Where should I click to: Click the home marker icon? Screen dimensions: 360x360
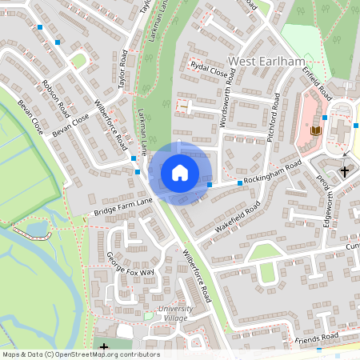coord(179,172)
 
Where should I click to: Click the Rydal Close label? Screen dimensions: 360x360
coord(210,70)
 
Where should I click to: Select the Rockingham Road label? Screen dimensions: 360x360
coord(273,173)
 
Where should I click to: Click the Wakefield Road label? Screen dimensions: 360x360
coord(238,218)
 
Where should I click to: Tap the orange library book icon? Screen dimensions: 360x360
coord(315,130)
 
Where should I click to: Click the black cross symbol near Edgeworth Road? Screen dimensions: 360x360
coord(346,171)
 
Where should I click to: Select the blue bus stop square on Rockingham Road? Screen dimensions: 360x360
coord(239,183)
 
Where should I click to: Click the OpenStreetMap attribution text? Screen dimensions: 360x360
coord(80,354)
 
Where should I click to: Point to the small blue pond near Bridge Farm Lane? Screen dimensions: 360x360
coord(37,229)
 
